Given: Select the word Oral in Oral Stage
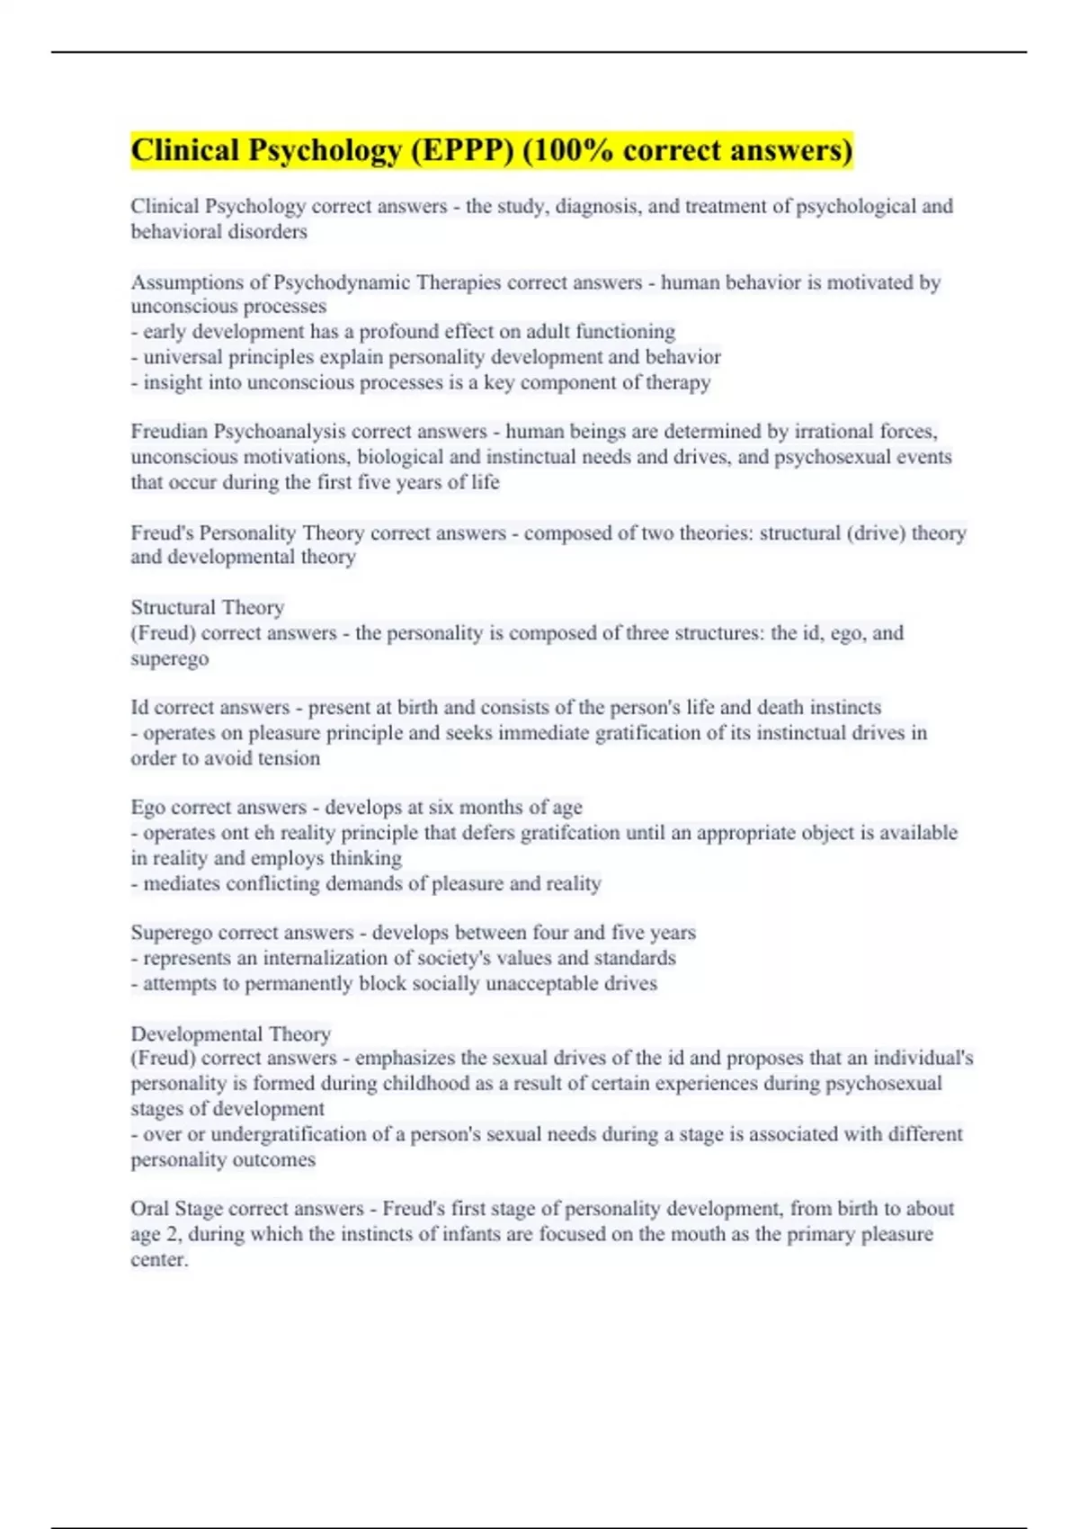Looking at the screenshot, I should click(x=149, y=1208).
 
